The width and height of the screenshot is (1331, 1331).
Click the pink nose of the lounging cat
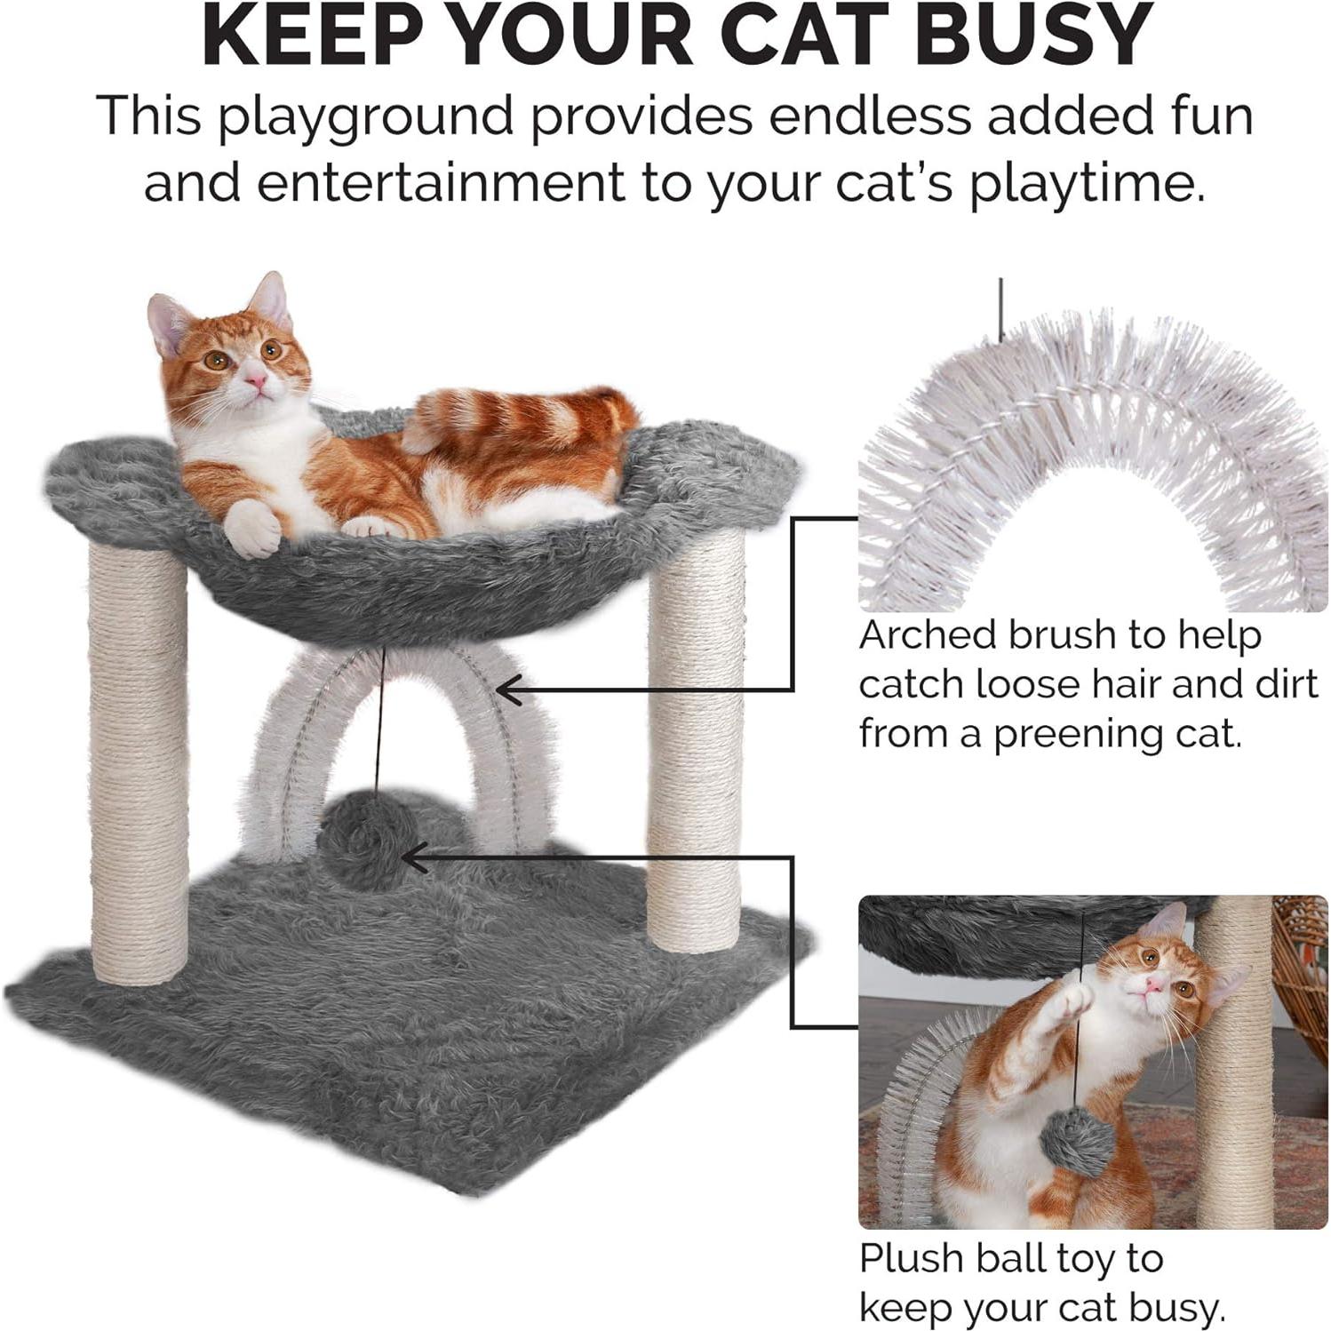coord(256,381)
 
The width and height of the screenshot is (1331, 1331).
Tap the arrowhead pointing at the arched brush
coord(506,689)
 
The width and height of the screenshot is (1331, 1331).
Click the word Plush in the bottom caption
coord(910,1259)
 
